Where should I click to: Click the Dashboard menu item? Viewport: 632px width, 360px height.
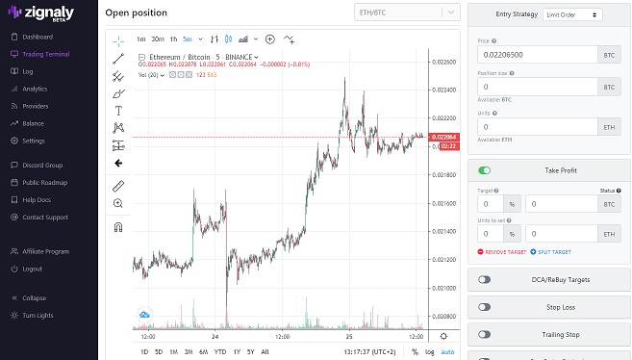(37, 37)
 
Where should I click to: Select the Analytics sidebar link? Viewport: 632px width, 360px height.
(35, 89)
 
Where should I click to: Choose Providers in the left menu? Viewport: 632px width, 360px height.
(35, 106)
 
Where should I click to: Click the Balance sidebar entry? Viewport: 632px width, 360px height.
(33, 123)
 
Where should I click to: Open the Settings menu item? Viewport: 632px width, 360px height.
(34, 141)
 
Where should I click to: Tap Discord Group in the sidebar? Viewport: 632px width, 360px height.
(42, 166)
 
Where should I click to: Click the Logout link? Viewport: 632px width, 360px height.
(33, 269)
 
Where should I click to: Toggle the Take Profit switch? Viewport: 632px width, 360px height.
(485, 170)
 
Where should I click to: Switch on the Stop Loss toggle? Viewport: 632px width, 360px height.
(484, 307)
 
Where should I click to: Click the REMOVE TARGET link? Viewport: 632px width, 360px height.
(501, 251)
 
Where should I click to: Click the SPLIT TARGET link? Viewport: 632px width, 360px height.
(553, 251)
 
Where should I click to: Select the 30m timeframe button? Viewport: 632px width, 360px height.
(157, 39)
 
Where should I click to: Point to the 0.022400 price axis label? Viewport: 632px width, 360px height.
(444, 90)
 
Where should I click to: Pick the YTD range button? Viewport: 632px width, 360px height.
(219, 351)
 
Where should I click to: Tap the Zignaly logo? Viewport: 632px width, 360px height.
(47, 13)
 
